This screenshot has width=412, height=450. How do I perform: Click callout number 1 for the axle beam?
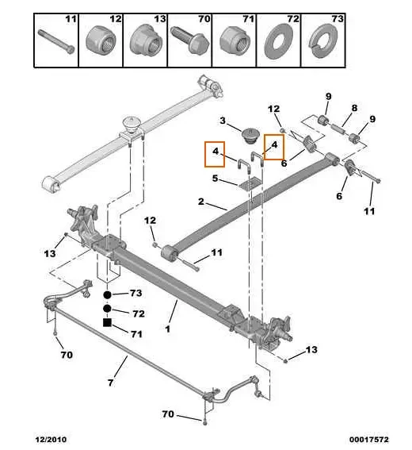[x=168, y=327]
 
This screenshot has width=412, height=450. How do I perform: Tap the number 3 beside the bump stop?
[x=223, y=121]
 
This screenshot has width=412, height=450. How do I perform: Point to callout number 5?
[x=215, y=178]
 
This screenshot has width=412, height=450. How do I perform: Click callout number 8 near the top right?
[x=354, y=107]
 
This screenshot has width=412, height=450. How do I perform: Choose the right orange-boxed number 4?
[x=273, y=145]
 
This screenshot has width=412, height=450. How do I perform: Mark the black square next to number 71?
[x=107, y=322]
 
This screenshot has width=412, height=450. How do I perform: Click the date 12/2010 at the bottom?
[x=50, y=438]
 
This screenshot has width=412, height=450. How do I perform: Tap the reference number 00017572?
[x=368, y=438]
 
